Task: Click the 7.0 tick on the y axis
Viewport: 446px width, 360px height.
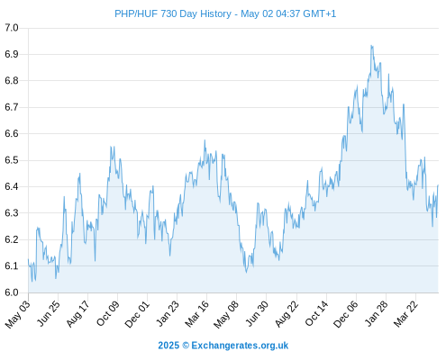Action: coord(12,28)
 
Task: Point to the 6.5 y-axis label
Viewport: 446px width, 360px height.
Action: coord(12,160)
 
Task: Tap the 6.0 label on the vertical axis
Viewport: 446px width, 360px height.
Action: coord(12,292)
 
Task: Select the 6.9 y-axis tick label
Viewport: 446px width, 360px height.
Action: coord(12,54)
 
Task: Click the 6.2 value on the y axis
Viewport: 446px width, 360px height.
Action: coord(12,239)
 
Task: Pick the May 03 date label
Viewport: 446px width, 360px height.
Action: coord(18,314)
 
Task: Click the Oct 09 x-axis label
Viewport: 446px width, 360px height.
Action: coord(107,313)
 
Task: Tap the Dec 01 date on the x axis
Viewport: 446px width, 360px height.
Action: coord(137,313)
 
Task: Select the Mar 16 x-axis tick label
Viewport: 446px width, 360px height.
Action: coord(196,313)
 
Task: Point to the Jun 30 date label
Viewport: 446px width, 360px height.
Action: coord(257,313)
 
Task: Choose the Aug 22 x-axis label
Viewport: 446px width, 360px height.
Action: coord(287,313)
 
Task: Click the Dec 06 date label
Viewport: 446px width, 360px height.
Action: coord(346,314)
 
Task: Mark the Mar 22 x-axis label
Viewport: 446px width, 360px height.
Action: coord(405,313)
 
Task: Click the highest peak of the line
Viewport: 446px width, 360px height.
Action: coord(371,46)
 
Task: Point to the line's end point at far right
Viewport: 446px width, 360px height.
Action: coord(438,185)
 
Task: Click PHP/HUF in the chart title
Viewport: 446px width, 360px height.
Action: coord(136,13)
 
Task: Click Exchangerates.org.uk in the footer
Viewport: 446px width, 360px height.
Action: coord(240,346)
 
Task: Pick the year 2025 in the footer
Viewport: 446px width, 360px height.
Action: coord(168,346)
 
